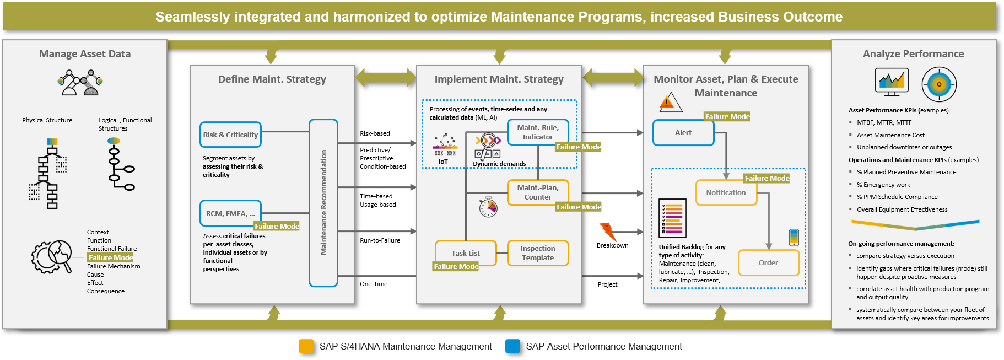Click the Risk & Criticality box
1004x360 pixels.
[230, 135]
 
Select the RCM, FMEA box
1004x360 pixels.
[230, 213]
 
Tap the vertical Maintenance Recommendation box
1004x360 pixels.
[323, 203]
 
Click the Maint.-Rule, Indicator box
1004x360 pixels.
[537, 132]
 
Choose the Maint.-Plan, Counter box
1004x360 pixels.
[537, 192]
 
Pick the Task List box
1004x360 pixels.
[466, 253]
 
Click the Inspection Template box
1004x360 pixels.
[537, 253]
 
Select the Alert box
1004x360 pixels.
[683, 133]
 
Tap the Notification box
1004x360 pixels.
[726, 193]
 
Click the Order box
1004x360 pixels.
[768, 263]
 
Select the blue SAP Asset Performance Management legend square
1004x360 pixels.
[512, 346]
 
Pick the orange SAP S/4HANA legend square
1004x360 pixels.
[306, 346]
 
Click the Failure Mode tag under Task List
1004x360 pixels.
[456, 267]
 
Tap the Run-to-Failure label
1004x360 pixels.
[380, 240]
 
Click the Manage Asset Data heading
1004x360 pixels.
[85, 54]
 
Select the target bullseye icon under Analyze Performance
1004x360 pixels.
[939, 84]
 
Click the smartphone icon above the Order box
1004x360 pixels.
[794, 237]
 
